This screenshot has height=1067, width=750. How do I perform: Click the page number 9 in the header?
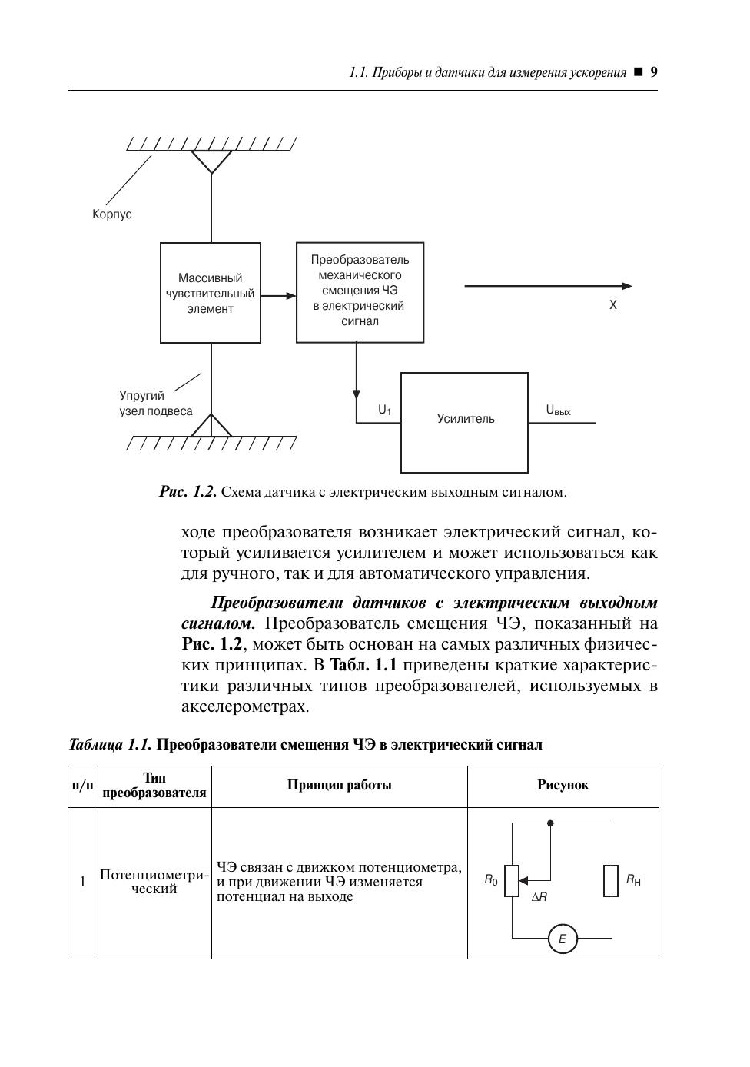(654, 72)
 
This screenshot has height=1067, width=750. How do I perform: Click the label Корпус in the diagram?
(112, 214)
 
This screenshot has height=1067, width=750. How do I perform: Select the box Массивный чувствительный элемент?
(211, 293)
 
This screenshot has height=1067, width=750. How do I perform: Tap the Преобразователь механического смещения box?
(360, 291)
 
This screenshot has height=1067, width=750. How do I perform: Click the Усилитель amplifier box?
(464, 422)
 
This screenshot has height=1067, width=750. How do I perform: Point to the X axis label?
(613, 305)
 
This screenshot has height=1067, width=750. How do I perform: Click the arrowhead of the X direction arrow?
(627, 286)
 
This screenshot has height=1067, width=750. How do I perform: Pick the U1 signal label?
(384, 411)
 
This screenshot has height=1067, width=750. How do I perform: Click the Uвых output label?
(559, 411)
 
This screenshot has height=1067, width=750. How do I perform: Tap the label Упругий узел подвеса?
(155, 404)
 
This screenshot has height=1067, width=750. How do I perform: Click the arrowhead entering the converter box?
(290, 295)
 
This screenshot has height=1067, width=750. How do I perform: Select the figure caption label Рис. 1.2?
(188, 492)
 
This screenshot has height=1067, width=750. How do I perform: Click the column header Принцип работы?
(340, 785)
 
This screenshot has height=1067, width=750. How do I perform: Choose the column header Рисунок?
(562, 785)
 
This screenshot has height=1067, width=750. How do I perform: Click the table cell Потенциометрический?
(154, 882)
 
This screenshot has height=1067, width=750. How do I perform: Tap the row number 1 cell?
(83, 882)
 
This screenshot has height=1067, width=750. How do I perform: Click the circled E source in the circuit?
(562, 939)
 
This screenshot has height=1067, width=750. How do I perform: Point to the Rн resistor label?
(633, 880)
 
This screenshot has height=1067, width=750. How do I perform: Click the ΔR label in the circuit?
(539, 896)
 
